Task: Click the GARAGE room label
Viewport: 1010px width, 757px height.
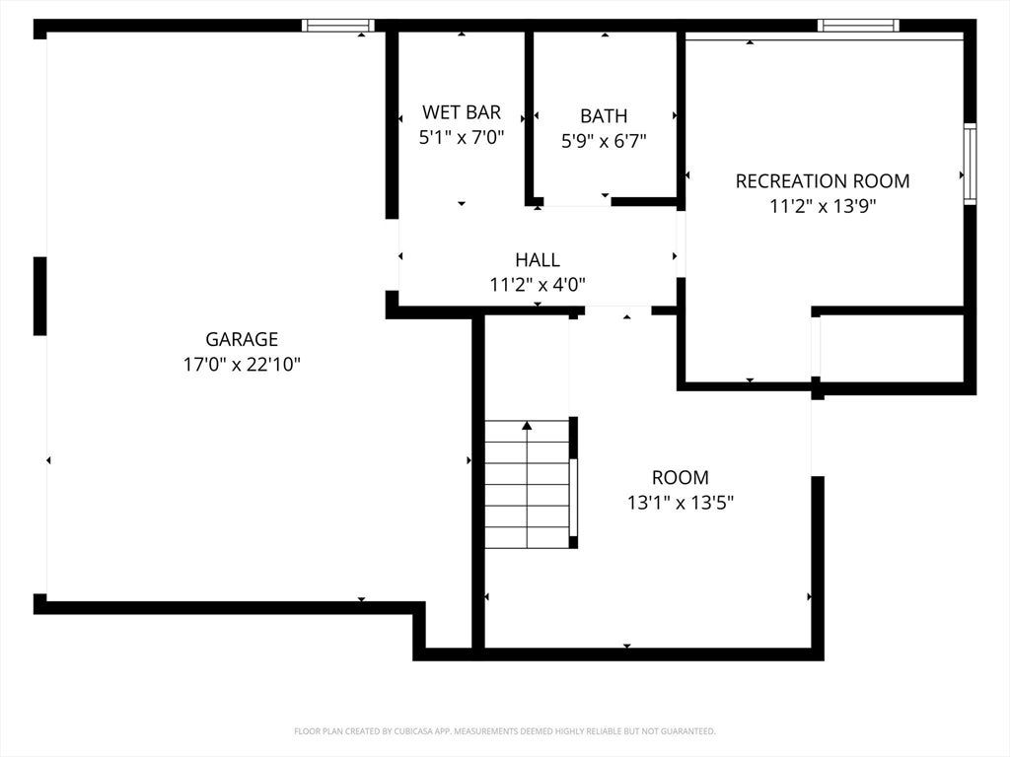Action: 242,339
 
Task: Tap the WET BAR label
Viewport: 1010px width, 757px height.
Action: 462,112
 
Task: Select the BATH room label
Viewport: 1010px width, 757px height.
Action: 604,116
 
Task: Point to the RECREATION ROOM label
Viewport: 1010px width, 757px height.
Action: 823,181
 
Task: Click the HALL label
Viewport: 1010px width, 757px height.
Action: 538,259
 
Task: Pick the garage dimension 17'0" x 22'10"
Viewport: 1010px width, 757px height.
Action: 242,365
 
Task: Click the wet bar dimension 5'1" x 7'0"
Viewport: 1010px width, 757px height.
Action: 462,137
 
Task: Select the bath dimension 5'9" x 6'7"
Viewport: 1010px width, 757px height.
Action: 604,141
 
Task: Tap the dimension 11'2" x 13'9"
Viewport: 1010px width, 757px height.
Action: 823,206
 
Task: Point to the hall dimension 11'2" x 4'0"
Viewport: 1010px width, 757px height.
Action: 538,285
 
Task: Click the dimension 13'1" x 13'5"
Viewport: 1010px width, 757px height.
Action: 681,502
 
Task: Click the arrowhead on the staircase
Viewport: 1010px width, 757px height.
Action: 527,425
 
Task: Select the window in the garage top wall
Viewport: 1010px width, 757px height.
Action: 338,25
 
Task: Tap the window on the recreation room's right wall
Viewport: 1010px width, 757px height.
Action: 970,164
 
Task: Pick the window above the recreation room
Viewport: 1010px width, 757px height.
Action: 859,25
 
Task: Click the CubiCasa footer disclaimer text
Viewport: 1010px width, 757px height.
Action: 504,731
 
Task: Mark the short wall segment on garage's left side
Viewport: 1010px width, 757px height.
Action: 39,296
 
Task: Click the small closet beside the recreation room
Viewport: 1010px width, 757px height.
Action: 892,348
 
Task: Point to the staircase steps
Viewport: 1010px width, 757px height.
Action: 527,484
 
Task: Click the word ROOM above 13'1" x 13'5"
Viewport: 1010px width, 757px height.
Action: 681,477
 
